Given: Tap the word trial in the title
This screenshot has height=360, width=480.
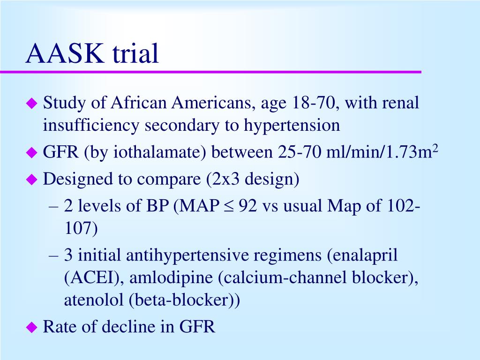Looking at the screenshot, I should coord(135,54).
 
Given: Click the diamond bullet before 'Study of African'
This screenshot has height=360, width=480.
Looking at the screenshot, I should coord(31,104).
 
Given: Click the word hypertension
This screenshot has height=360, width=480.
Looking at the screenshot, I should coord(292,125).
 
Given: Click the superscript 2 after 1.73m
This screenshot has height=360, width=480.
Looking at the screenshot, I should coord(435,148).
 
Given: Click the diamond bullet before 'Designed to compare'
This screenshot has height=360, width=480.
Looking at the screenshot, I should coord(31,180).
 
